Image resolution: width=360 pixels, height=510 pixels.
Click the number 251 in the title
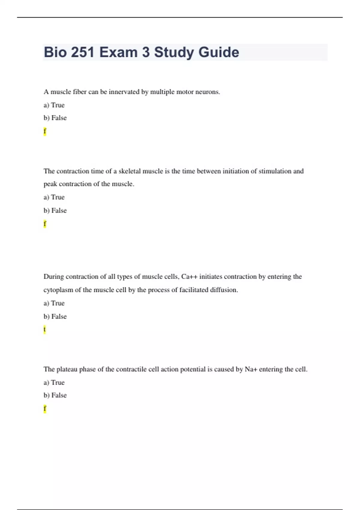(x=83, y=52)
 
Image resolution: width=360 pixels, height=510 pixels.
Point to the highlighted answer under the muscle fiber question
(x=45, y=131)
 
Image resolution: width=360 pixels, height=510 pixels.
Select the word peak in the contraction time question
(x=50, y=184)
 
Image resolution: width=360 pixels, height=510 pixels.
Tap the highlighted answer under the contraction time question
(x=45, y=224)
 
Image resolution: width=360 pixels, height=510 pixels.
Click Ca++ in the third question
(x=189, y=277)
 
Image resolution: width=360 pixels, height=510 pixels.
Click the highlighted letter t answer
(x=45, y=329)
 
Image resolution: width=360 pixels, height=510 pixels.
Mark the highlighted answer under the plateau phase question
(x=45, y=409)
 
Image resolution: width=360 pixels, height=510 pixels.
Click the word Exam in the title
(x=118, y=52)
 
